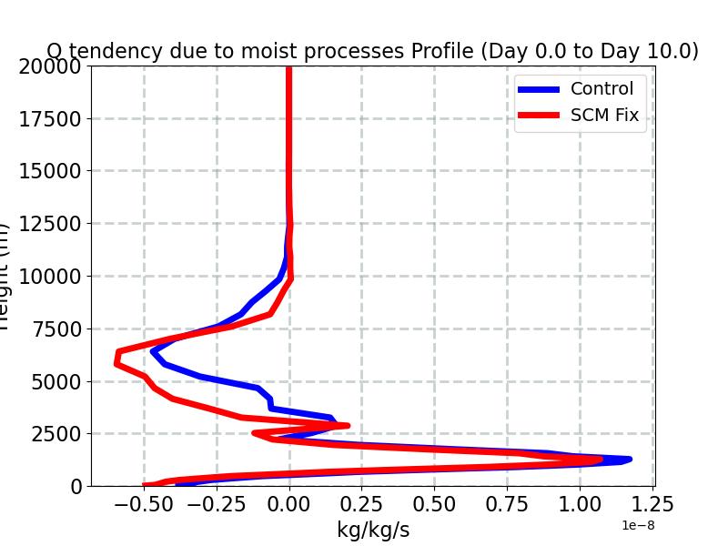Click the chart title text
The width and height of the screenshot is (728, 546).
coord(372,51)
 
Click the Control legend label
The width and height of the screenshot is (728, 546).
coord(602,89)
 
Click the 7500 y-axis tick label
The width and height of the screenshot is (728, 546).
coord(55,329)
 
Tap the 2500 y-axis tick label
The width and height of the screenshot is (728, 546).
coord(55,434)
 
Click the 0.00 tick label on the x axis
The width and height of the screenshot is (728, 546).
coord(289,504)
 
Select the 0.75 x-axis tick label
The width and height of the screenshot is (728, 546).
coord(507,504)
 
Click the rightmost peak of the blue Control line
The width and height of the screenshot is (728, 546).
coord(629,460)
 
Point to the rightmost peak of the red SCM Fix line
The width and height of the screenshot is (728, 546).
coord(600,460)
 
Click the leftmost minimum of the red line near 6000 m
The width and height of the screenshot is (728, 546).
coord(116,363)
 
